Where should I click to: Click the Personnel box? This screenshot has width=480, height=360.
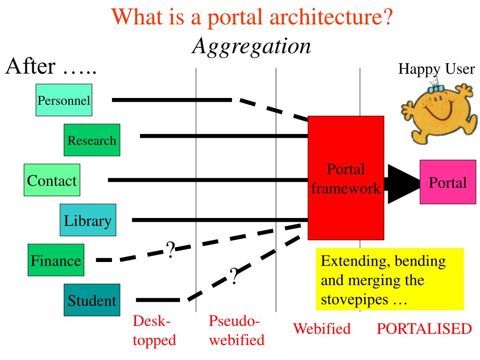tap(64, 100)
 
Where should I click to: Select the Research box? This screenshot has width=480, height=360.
tap(92, 140)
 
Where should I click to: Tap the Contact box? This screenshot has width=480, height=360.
tap(52, 180)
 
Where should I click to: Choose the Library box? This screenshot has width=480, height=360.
tap(88, 220)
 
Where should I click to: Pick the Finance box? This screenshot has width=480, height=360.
tap(56, 260)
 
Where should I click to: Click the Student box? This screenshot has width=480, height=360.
tap(92, 300)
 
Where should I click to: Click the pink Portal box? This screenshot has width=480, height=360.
tap(447, 182)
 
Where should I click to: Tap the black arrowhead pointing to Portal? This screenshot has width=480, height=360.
tap(403, 182)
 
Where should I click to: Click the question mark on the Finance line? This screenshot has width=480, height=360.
tap(171, 251)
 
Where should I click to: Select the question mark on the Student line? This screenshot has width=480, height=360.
tap(234, 276)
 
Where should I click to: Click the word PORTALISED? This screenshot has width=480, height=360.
tap(424, 329)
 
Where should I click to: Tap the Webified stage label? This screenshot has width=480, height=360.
tap(322, 329)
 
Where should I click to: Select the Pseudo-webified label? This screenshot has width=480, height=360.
tap(236, 330)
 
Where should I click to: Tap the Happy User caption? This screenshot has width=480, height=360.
tap(436, 69)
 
